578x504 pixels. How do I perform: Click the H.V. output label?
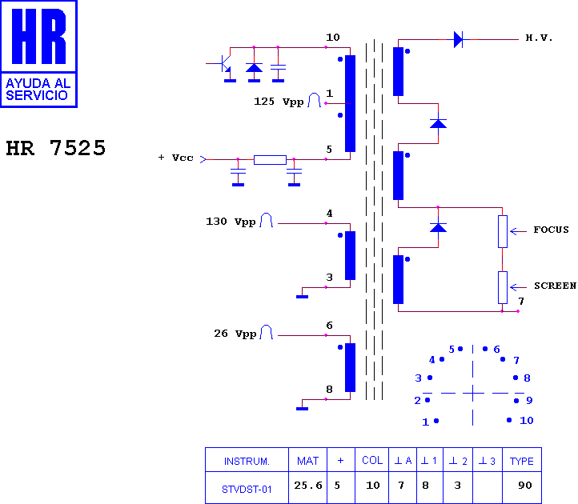point(539,38)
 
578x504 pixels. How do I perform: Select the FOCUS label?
point(551,230)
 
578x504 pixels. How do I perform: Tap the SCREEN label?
point(555,286)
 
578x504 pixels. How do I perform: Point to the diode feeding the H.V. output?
point(459,39)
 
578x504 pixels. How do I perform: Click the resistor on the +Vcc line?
point(271,159)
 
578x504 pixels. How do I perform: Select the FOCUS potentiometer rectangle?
point(503,231)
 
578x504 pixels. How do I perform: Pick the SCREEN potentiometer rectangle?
point(503,287)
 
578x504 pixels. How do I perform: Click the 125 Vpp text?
point(279,102)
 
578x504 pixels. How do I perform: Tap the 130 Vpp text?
point(231,222)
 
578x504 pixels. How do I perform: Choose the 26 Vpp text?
point(235,334)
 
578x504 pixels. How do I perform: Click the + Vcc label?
point(176,158)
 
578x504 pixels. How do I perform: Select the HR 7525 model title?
point(56,148)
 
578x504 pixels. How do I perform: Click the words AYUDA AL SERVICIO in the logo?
point(38,89)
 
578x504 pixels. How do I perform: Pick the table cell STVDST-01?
point(247,490)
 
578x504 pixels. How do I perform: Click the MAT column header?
point(307,461)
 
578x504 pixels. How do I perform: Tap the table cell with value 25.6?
point(308,486)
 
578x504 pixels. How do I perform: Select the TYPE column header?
point(522,462)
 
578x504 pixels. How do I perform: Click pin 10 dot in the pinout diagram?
point(509,420)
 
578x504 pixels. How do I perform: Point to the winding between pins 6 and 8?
point(350,367)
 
